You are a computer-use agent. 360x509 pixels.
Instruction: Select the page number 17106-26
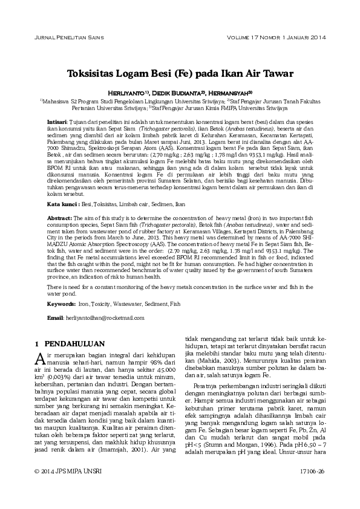click(x=312, y=487)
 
